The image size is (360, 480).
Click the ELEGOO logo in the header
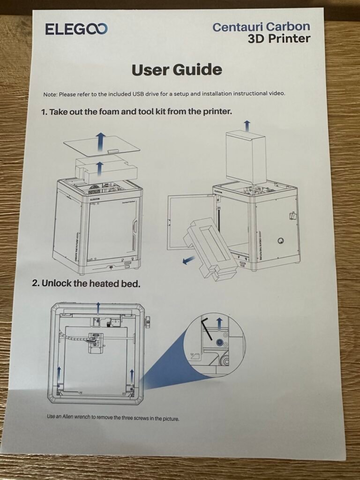pos(76,29)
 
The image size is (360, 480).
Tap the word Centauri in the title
pos(237,27)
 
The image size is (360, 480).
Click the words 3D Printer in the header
pos(279,39)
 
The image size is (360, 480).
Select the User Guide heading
pos(177,69)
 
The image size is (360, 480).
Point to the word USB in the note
pos(138,94)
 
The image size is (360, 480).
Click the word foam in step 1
pos(109,112)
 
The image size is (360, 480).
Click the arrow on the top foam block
pos(99,169)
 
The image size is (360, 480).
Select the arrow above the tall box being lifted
pos(247,126)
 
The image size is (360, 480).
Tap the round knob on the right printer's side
pos(280,241)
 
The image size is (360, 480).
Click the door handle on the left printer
pos(134,227)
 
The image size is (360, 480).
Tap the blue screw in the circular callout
pos(219,342)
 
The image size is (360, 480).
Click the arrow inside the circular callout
pos(219,324)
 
